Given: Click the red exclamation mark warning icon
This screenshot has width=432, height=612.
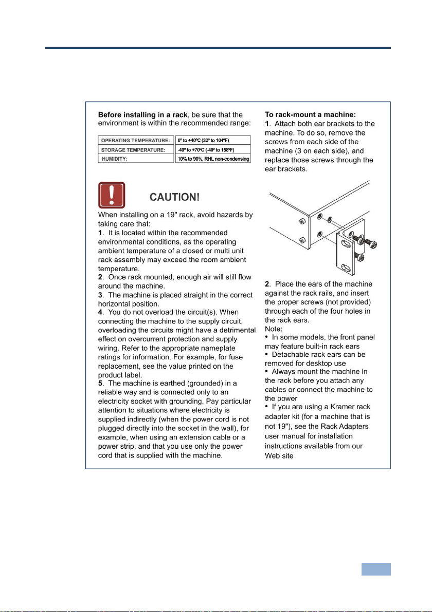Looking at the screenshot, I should [x=112, y=195].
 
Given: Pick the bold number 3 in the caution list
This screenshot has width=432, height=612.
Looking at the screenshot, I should [x=100, y=295].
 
